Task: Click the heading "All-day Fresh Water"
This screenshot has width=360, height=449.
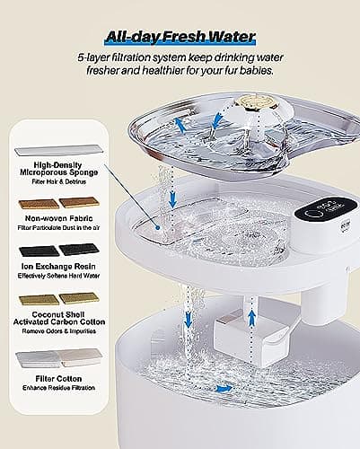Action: pos(180,37)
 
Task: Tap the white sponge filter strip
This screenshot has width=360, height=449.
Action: pos(59,144)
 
